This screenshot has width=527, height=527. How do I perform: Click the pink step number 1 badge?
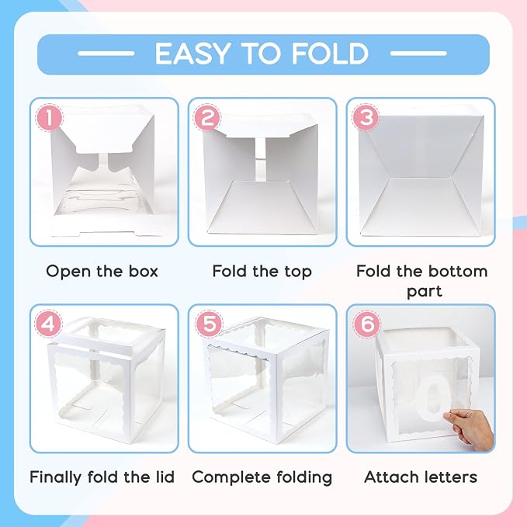[x=49, y=118]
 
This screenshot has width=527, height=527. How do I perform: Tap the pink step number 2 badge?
[x=207, y=118]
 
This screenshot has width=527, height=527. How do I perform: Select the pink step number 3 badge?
[x=366, y=118]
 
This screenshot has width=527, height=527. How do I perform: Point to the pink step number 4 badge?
[x=49, y=324]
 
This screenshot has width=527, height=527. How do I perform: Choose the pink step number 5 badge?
[x=209, y=324]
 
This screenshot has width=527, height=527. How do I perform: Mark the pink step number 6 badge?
[x=367, y=324]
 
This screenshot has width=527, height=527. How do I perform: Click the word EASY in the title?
[x=192, y=54]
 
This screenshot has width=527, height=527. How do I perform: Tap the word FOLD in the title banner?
[x=331, y=54]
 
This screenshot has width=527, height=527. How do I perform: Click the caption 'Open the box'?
[x=102, y=271]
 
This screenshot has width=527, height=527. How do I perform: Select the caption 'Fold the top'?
[x=262, y=272]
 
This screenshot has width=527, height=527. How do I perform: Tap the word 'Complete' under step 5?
[x=232, y=477]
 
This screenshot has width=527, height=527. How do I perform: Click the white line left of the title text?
[x=106, y=54]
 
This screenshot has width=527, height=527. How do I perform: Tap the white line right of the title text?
[x=418, y=54]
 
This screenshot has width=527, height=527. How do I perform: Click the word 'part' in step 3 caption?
[x=425, y=291]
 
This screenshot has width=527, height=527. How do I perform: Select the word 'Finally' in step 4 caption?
[x=55, y=477]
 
